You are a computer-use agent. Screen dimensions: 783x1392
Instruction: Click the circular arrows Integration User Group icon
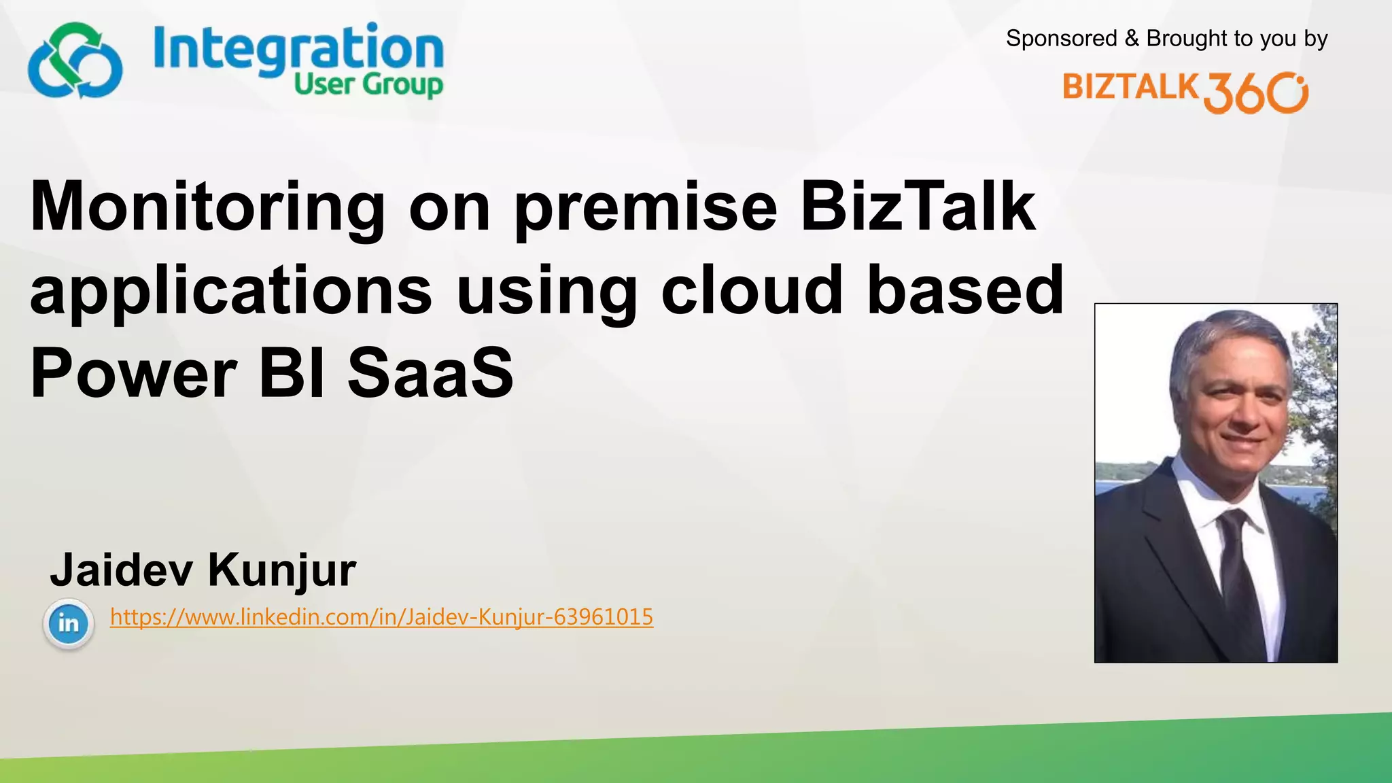tap(75, 61)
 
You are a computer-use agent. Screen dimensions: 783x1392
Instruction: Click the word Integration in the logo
tap(298, 48)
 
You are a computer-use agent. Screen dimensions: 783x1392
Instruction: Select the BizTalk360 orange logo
tap(1185, 92)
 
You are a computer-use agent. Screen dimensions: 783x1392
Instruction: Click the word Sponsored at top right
tap(1061, 39)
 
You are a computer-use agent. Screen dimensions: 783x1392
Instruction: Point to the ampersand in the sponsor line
tap(1132, 39)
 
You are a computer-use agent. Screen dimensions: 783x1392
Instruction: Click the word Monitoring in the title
tap(208, 207)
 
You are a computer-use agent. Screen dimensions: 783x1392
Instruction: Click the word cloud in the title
tap(752, 290)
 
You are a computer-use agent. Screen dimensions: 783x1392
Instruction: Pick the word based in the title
tap(965, 290)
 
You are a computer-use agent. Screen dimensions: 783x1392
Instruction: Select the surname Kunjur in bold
tap(281, 571)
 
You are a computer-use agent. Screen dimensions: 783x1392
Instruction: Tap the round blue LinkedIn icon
tap(68, 623)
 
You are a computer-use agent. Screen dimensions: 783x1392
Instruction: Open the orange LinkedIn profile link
tap(381, 617)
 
